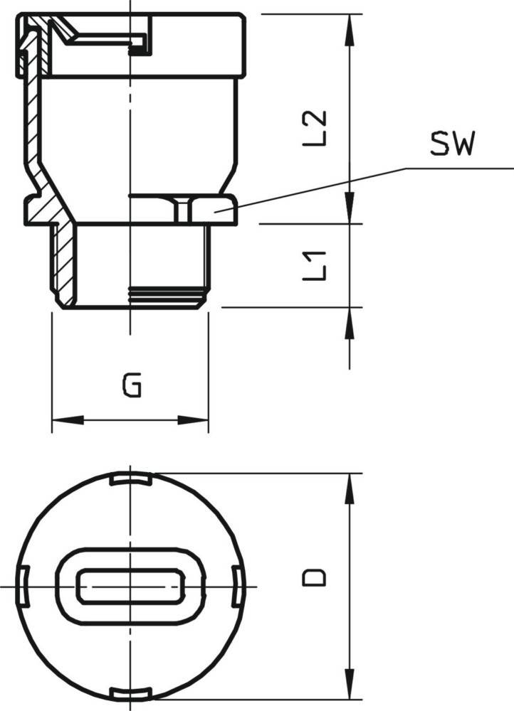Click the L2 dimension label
(315, 128)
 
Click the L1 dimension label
(315, 266)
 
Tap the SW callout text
(452, 144)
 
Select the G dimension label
(132, 385)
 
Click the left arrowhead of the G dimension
(68, 420)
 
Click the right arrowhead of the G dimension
(192, 420)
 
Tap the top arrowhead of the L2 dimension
(349, 30)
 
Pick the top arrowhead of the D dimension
(349, 489)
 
